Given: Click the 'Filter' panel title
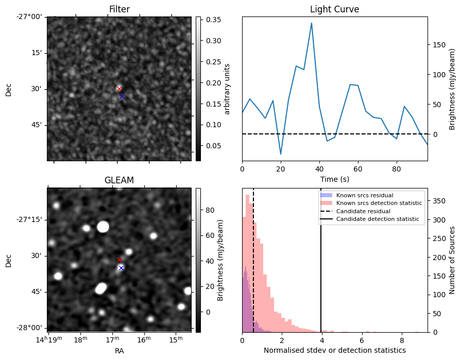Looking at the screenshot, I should click(x=119, y=9).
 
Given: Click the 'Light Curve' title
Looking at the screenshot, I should click(x=334, y=9).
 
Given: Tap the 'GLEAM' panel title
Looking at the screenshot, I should click(x=119, y=180).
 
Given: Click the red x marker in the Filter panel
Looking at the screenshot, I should click(x=119, y=89).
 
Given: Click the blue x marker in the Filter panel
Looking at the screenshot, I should click(x=122, y=96).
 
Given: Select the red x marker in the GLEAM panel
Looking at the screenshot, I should click(x=119, y=260).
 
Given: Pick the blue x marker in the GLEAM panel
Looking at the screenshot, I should click(x=121, y=268).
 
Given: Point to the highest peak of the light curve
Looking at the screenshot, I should click(x=312, y=23).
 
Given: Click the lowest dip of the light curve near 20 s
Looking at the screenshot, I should click(x=281, y=154).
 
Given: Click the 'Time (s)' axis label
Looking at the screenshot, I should click(x=334, y=179).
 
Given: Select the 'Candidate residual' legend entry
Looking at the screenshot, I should click(x=360, y=211).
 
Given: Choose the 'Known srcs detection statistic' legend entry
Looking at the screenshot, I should click(x=379, y=203).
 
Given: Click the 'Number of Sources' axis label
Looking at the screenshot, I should click(x=452, y=260).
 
